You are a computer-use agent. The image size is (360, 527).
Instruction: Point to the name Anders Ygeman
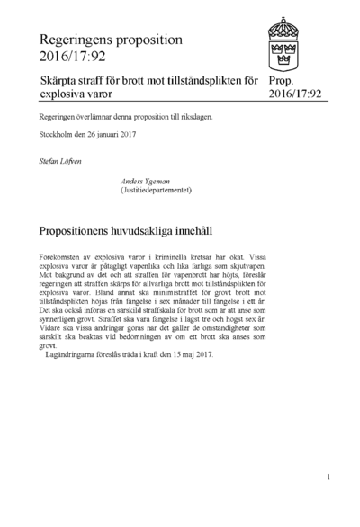[146, 182]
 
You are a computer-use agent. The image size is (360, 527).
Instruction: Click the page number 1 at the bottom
[329, 478]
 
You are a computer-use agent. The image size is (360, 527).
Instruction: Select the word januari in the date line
[109, 140]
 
